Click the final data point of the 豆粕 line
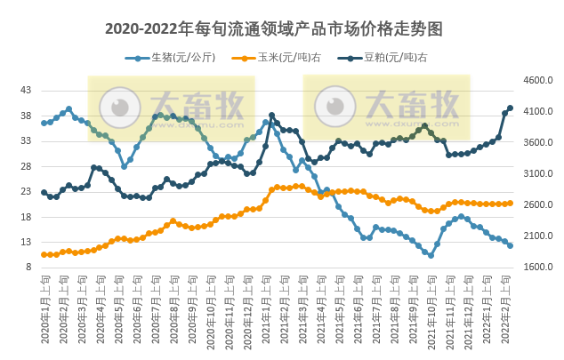[510, 108]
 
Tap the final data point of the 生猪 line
[510, 245]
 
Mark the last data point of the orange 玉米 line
[510, 203]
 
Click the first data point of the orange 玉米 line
[44, 254]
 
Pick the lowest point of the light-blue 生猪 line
[431, 255]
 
